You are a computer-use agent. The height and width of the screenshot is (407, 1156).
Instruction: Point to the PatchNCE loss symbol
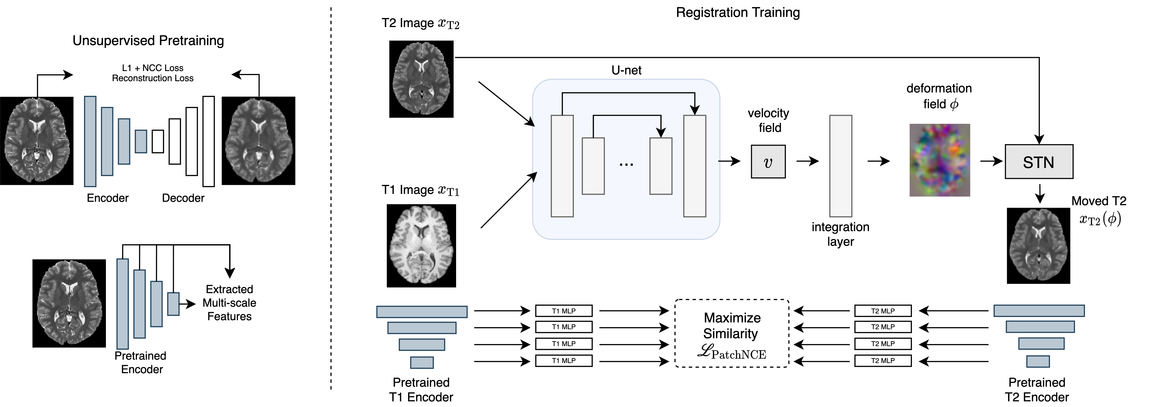(x=731, y=353)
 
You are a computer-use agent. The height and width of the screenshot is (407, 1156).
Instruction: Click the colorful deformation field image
(x=940, y=160)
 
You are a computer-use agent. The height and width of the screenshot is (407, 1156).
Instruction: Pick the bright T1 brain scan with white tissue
(x=421, y=245)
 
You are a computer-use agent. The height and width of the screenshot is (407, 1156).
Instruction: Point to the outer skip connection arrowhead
(x=695, y=110)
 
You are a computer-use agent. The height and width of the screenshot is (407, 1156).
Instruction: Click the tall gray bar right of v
(x=840, y=166)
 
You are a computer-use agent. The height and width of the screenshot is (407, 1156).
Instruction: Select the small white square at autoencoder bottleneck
(x=157, y=141)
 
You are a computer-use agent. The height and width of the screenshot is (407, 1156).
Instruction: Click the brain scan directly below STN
(x=1038, y=245)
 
